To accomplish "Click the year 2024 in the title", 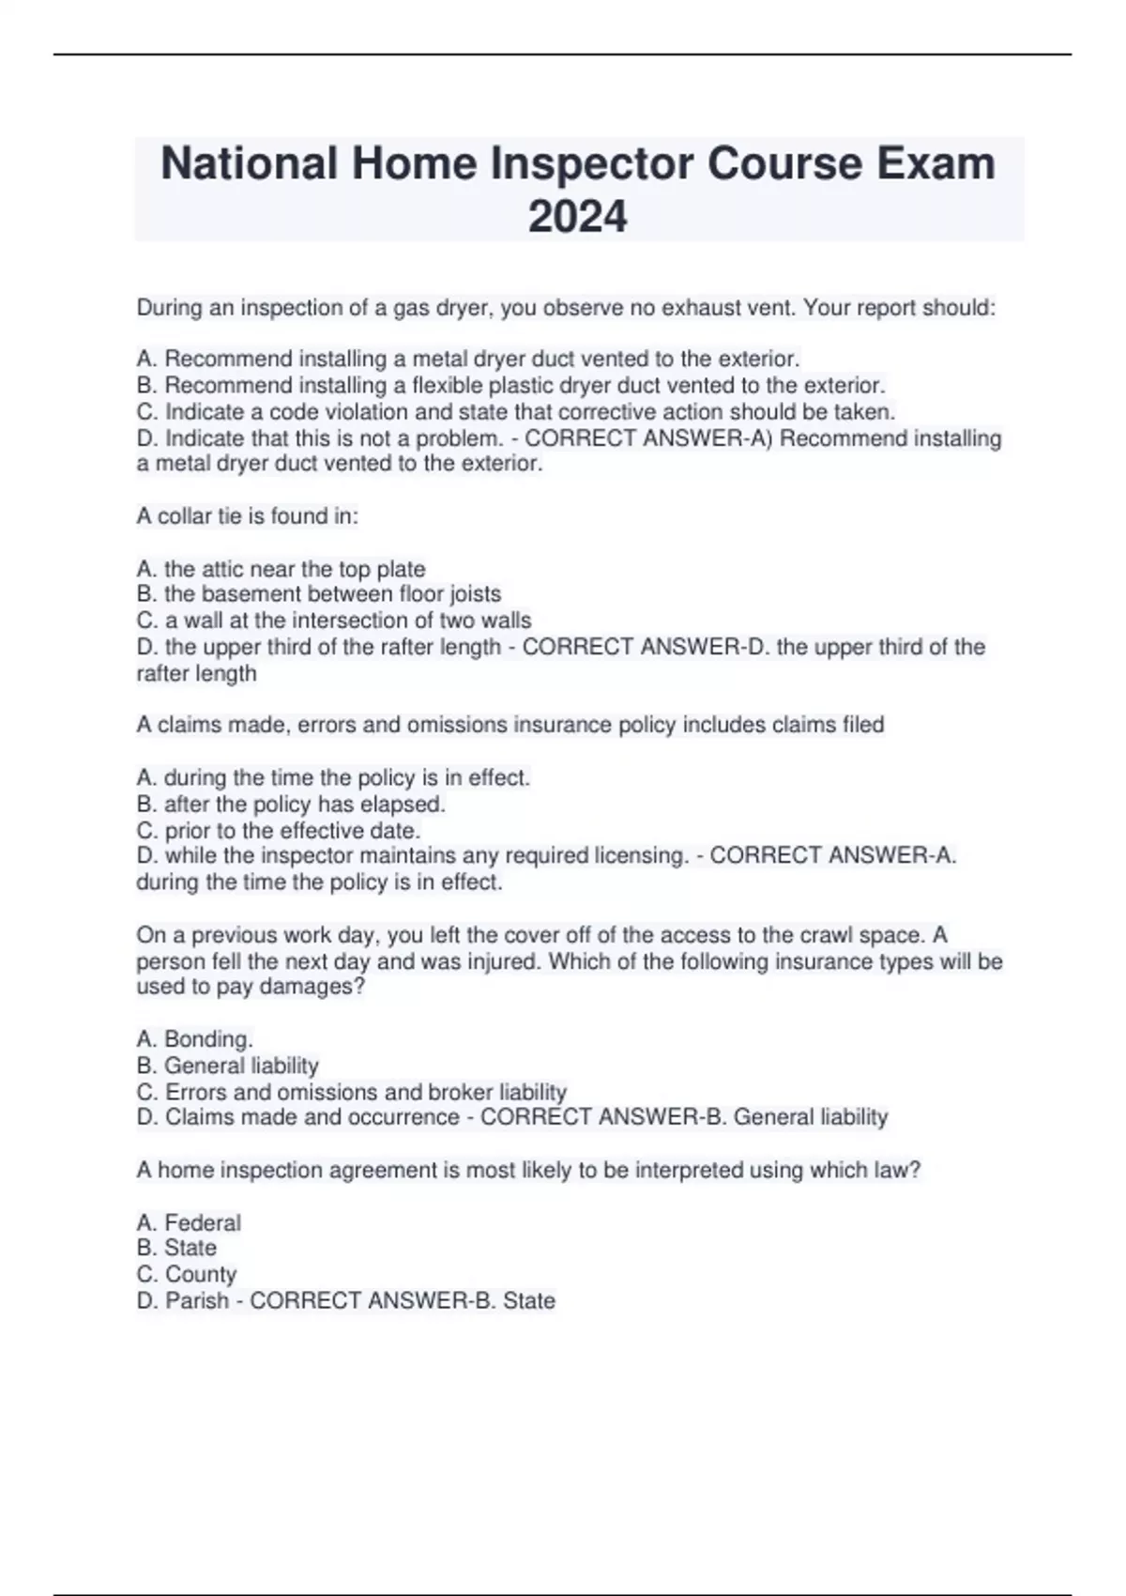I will [577, 217].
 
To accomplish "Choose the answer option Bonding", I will [207, 1039].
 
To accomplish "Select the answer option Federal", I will [202, 1222].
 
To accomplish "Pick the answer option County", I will [200, 1274].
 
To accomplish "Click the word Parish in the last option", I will [197, 1300].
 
